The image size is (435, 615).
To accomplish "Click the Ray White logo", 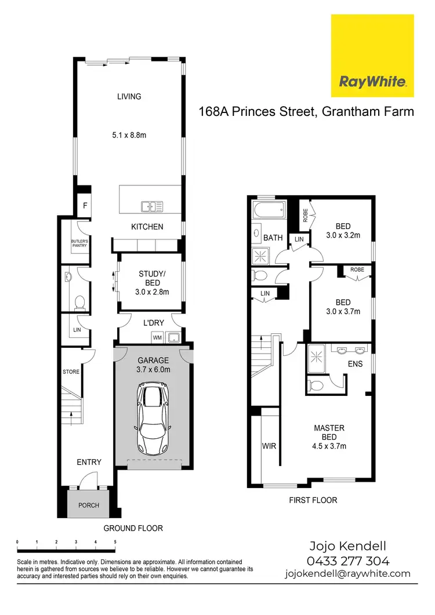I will [372, 56].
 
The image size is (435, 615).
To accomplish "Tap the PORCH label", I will [89, 505].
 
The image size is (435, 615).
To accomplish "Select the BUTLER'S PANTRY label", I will [79, 243].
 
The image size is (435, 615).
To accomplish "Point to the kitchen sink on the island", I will [152, 206].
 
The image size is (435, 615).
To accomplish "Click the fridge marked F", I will [85, 205].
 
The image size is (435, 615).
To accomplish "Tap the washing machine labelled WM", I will [157, 337].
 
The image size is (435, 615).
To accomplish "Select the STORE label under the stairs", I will [71, 372].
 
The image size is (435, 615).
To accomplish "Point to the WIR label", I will [269, 446].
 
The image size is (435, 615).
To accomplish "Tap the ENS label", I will [354, 365].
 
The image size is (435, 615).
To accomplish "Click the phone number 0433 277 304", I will [347, 561].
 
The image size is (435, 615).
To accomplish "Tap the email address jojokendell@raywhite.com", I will [347, 574].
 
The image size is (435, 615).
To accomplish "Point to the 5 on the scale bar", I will [115, 541].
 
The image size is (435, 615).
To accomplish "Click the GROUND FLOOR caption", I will [133, 528].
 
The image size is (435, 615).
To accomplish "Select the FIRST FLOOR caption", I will [313, 500].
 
